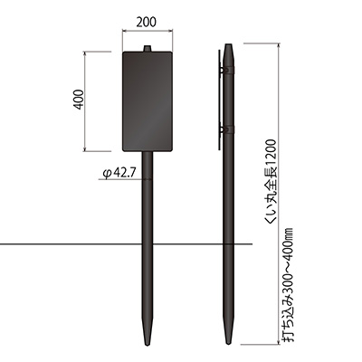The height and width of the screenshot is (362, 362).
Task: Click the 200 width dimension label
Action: point(147,22)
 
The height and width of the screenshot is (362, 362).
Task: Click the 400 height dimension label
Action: point(78,100)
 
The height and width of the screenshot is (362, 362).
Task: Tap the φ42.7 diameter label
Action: point(119,173)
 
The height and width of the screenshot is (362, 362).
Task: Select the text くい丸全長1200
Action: point(271,182)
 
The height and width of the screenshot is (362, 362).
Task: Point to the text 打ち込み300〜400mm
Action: point(289,285)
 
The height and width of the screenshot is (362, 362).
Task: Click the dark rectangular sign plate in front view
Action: point(148,101)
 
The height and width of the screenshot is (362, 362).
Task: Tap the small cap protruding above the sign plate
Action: point(148,49)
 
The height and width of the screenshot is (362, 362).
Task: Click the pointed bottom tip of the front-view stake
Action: point(148,345)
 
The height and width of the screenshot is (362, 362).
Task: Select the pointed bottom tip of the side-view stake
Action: point(229,344)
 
